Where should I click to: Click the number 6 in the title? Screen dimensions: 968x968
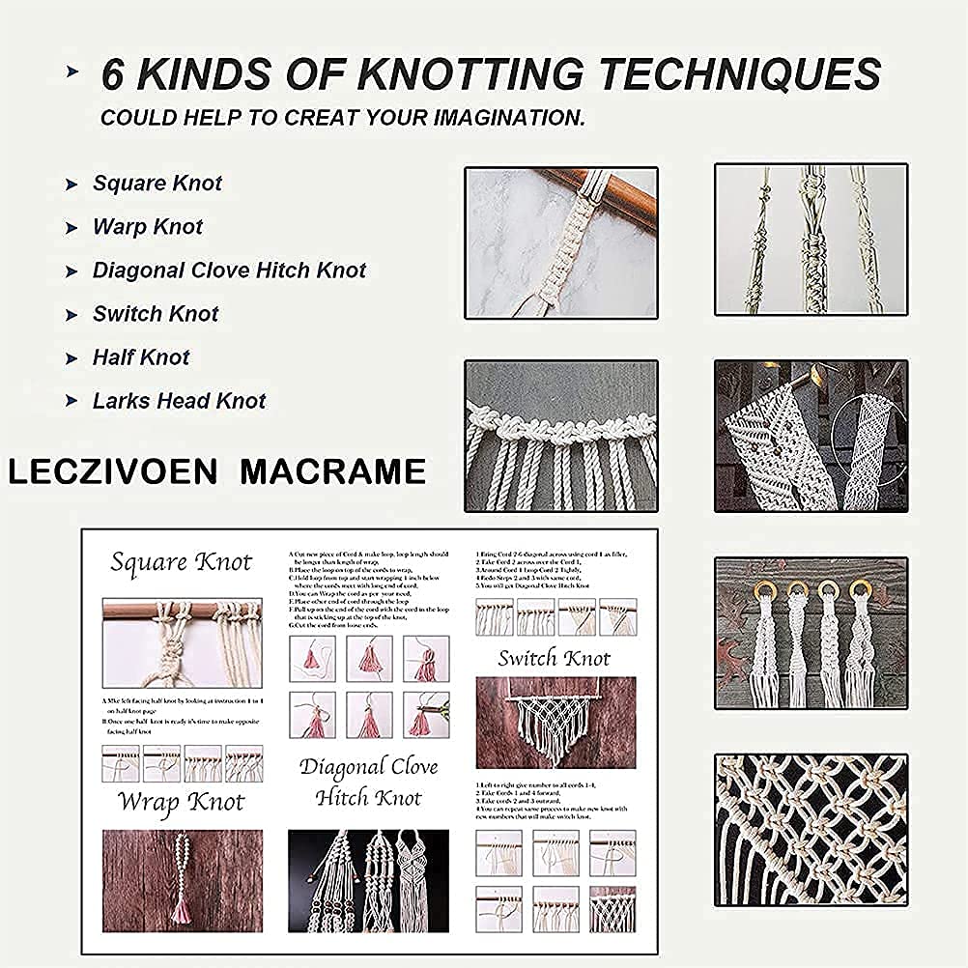113,76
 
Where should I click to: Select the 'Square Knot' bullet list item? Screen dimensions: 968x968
157,184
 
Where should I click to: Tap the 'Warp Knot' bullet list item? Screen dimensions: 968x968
148,227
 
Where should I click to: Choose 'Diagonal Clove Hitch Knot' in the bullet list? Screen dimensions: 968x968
229,270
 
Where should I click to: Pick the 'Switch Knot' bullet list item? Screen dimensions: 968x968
156,314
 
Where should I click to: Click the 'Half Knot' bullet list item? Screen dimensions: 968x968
141,357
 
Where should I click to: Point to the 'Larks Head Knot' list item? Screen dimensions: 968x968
179,401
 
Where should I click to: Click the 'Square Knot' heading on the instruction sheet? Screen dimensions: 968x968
181,562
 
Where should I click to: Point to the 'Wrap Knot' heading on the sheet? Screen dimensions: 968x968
182,802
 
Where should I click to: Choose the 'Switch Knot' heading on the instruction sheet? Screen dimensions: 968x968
555,659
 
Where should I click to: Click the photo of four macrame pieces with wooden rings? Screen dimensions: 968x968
811,632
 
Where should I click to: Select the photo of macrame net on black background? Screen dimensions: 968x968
811,829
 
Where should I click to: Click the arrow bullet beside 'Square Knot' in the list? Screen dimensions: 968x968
71,185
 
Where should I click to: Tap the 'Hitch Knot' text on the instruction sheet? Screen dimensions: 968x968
368,798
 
